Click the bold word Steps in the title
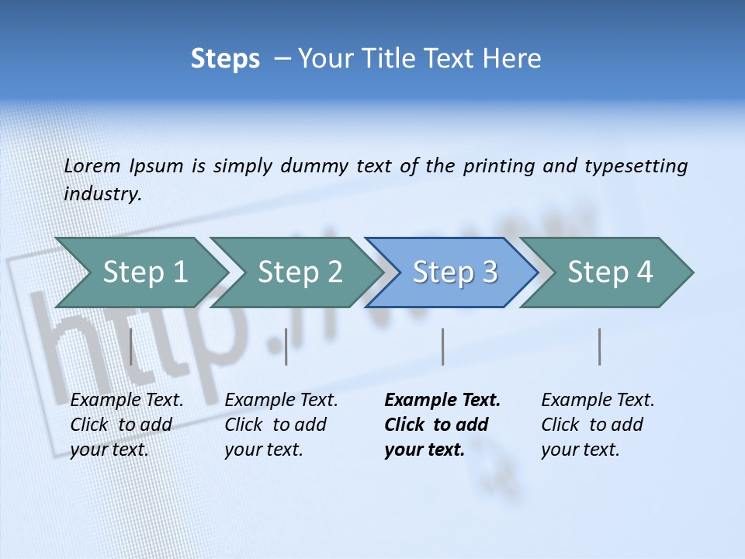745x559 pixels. [x=225, y=59]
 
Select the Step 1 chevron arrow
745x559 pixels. [x=143, y=273]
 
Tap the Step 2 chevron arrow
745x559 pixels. [x=298, y=273]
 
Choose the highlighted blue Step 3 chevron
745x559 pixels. [x=453, y=273]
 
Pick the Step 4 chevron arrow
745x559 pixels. [x=608, y=273]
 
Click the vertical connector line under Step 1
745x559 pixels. [x=130, y=346]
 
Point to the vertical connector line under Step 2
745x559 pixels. [x=286, y=346]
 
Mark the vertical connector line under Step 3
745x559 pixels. [x=442, y=346]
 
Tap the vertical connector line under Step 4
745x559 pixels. [x=599, y=346]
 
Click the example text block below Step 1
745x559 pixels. [x=126, y=425]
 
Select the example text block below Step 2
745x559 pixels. [x=281, y=425]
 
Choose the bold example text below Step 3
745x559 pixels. [x=442, y=425]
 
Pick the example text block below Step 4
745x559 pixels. [x=598, y=425]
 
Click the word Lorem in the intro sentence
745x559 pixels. [x=92, y=166]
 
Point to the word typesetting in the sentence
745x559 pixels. [x=636, y=166]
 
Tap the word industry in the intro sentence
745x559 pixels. [x=102, y=194]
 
